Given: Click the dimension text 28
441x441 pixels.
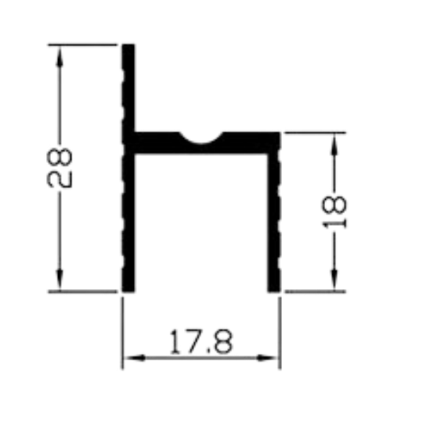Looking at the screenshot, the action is pyautogui.click(x=60, y=168).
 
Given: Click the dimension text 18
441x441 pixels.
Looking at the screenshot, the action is pyautogui.click(x=334, y=211).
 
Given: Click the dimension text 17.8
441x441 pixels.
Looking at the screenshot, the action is pyautogui.click(x=201, y=342).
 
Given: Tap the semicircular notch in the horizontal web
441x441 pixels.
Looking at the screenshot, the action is pyautogui.click(x=201, y=140).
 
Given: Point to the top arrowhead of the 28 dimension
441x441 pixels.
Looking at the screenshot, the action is pyautogui.click(x=60, y=56).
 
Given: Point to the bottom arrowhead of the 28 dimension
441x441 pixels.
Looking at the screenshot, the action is pyautogui.click(x=60, y=280).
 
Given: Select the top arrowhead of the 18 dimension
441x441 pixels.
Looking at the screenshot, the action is pyautogui.click(x=334, y=144).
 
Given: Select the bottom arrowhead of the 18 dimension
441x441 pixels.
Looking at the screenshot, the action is pyautogui.click(x=334, y=280).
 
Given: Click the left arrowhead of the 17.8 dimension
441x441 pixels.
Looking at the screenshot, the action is pyautogui.click(x=135, y=358).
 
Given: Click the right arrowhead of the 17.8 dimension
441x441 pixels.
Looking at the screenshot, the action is pyautogui.click(x=267, y=358).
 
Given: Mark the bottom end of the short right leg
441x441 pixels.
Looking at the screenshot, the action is pyautogui.click(x=274, y=291).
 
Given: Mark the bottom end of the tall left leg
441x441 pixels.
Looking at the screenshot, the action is pyautogui.click(x=128, y=291).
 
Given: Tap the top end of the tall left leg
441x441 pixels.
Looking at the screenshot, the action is pyautogui.click(x=128, y=45).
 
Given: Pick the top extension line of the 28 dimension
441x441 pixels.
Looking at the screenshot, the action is pyautogui.click(x=82, y=45).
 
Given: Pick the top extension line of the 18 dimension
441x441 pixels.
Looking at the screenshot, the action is pyautogui.click(x=316, y=132).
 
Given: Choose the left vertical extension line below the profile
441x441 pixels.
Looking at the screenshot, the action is pyautogui.click(x=122, y=333).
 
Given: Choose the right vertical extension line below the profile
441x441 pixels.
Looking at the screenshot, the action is pyautogui.click(x=280, y=333).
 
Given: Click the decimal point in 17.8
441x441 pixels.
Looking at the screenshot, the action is pyautogui.click(x=208, y=351).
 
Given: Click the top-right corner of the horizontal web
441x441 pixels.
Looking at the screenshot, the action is pyautogui.click(x=280, y=132).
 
